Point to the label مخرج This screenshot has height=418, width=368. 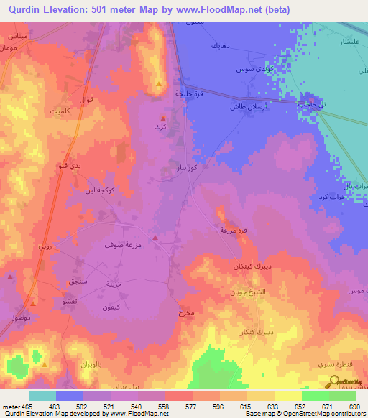pyautogui.click(x=185, y=314)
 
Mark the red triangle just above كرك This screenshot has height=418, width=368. pyautogui.click(x=163, y=118)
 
